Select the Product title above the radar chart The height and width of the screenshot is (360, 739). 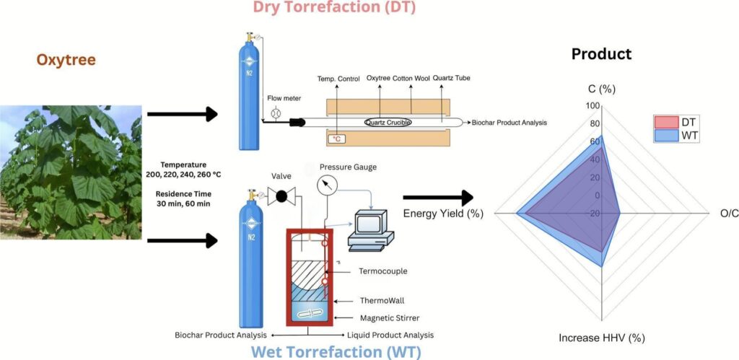pyautogui.click(x=601, y=54)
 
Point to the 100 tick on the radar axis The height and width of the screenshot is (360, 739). pyautogui.click(x=592, y=105)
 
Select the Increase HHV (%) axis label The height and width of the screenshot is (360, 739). pyautogui.click(x=601, y=338)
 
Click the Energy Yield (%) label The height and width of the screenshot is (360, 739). pyautogui.click(x=442, y=214)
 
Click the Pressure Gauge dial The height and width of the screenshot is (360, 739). pyautogui.click(x=328, y=186)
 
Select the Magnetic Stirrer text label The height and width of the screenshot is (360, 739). pyautogui.click(x=390, y=317)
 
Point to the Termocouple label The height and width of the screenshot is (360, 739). pyautogui.click(x=383, y=271)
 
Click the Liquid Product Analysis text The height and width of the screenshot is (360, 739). pyautogui.click(x=390, y=335)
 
